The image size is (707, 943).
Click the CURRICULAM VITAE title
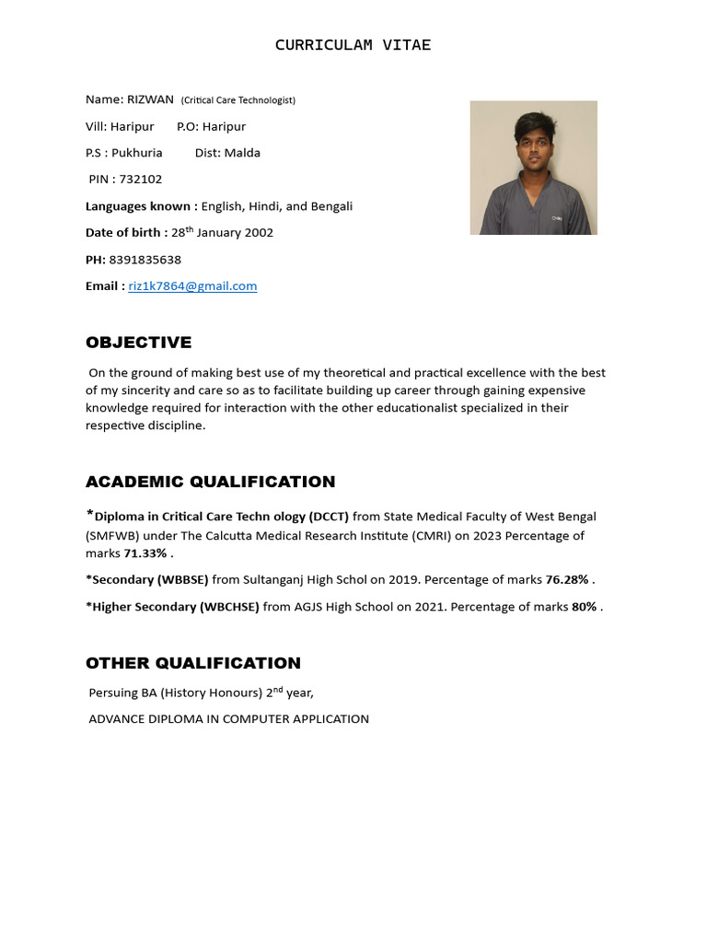coord(353,45)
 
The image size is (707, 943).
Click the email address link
coord(192,286)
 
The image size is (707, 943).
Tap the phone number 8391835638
coord(145,260)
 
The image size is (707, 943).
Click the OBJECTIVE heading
coord(138,343)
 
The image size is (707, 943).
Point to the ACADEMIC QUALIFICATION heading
coord(210,482)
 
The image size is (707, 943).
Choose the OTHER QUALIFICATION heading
coord(192,663)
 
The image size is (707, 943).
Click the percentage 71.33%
coord(146,553)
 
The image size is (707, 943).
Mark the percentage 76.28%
coord(566,580)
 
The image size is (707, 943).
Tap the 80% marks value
coord(584,607)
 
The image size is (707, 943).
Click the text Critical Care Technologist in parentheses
coord(238,100)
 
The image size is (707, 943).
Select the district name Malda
coord(241,153)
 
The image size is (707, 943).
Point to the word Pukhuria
coord(137,153)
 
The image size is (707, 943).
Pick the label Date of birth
coord(126,233)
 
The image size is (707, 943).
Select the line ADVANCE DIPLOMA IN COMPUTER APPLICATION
coord(228,719)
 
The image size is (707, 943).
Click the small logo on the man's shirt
coord(557,218)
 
